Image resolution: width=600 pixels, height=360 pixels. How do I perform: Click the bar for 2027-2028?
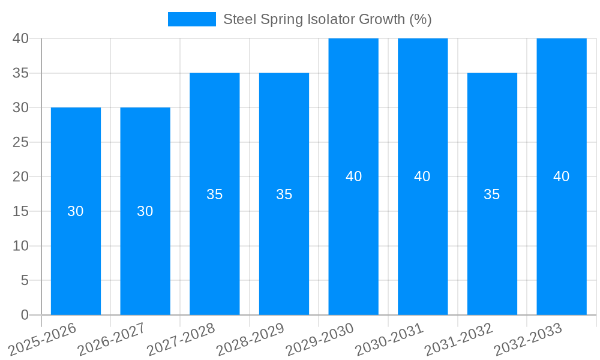[214, 252]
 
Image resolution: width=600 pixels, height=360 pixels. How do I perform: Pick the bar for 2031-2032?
[492, 252]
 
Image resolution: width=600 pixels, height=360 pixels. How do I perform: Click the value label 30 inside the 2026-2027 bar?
[145, 211]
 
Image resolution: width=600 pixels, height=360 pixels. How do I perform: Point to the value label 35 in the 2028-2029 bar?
[284, 194]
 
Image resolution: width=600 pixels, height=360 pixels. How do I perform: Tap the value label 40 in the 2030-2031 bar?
[422, 176]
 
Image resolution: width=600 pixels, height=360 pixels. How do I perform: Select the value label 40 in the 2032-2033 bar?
[562, 176]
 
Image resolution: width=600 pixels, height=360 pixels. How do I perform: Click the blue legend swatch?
[191, 19]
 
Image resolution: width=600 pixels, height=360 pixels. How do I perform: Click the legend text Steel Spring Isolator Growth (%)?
[328, 19]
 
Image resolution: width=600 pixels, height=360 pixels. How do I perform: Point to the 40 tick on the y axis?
[21, 38]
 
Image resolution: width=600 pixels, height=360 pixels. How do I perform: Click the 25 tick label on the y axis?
[21, 142]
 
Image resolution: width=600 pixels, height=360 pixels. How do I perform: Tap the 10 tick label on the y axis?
[21, 246]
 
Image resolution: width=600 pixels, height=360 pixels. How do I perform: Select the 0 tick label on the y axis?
[25, 315]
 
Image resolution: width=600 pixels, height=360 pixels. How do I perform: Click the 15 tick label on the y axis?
[21, 211]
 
